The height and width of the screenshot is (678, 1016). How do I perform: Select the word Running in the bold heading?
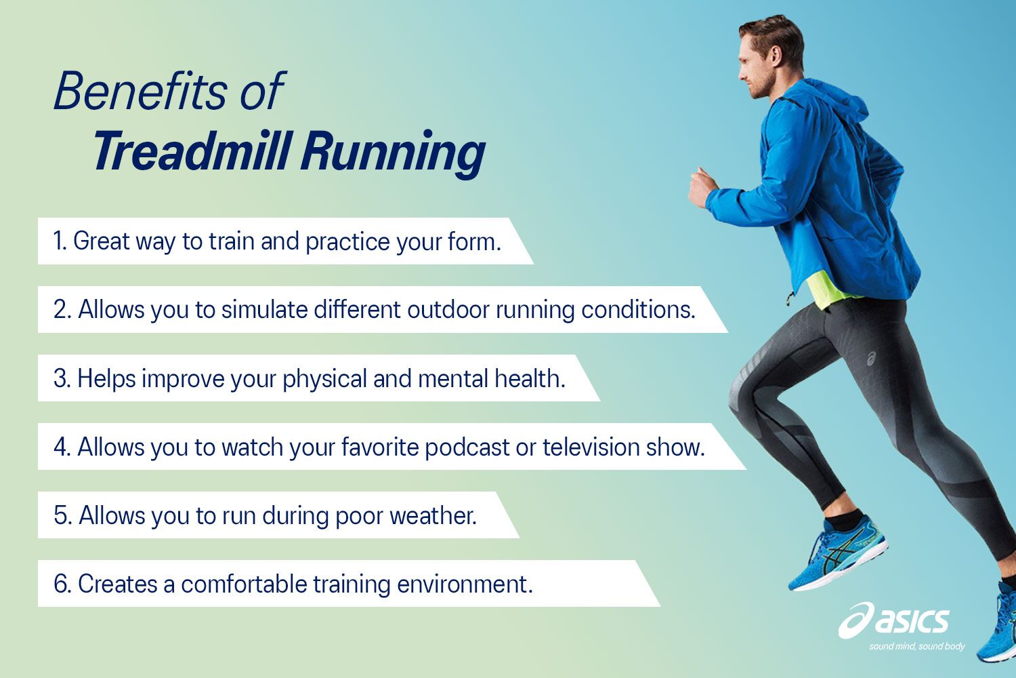tap(393, 153)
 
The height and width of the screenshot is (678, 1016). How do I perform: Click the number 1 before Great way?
tap(58, 241)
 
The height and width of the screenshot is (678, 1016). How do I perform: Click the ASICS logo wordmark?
tap(911, 620)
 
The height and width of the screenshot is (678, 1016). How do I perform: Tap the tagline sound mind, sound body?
tap(917, 646)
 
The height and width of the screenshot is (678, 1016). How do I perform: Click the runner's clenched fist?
tap(702, 188)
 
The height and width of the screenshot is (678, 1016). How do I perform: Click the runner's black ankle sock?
tap(844, 520)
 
